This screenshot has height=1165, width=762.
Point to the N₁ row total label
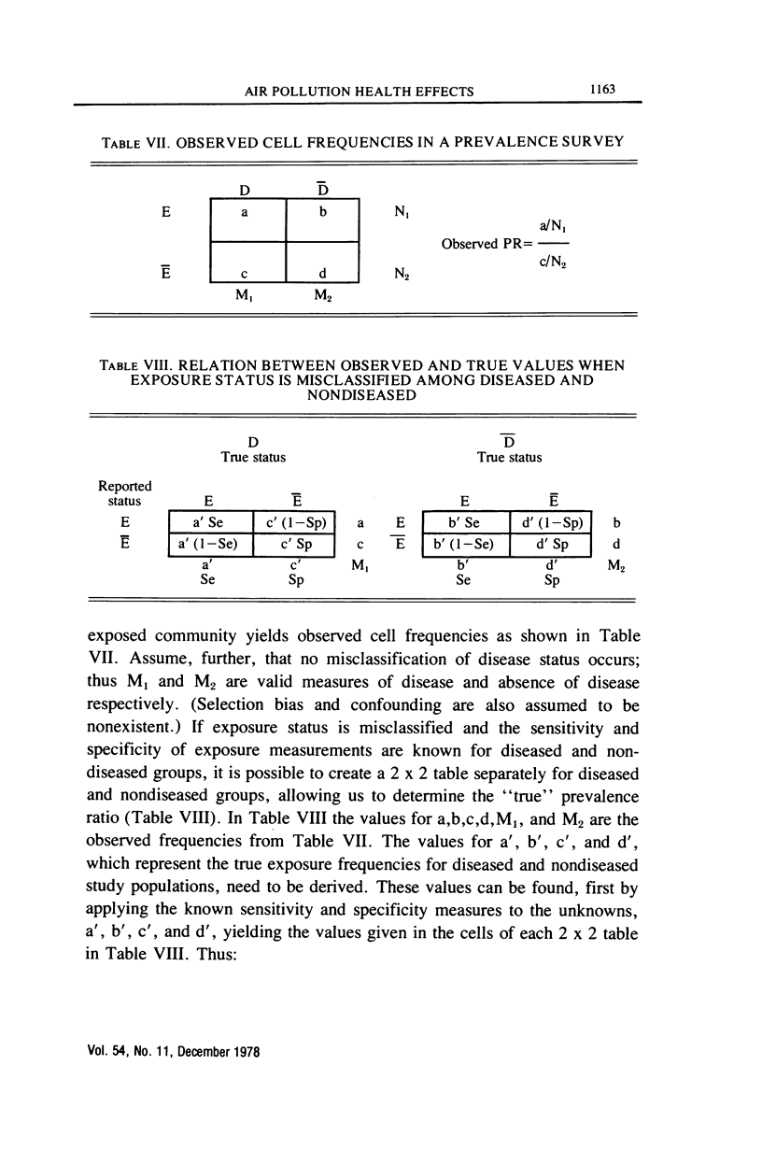pyautogui.click(x=400, y=213)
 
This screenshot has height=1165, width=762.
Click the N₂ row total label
pyautogui.click(x=400, y=276)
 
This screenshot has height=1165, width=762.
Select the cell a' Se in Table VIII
pyautogui.click(x=210, y=522)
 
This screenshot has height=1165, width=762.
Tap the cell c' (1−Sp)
pyautogui.click(x=294, y=522)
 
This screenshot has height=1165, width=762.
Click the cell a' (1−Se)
pyautogui.click(x=210, y=544)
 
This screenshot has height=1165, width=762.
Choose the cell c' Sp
pyautogui.click(x=294, y=544)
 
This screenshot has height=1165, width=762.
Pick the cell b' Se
pyautogui.click(x=466, y=522)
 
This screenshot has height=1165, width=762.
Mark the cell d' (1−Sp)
pyautogui.click(x=551, y=522)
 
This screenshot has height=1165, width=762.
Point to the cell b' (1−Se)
pyautogui.click(x=466, y=544)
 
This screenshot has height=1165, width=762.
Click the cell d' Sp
pyautogui.click(x=551, y=544)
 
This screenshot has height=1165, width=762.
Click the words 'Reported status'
pyautogui.click(x=125, y=493)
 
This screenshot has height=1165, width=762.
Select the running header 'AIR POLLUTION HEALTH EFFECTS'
pyautogui.click(x=359, y=91)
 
